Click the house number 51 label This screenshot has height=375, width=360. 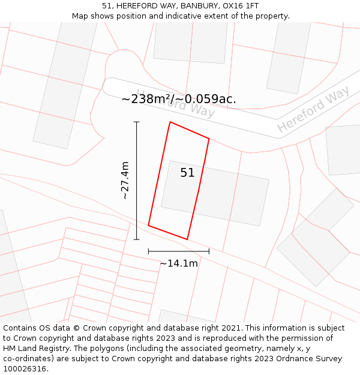187,173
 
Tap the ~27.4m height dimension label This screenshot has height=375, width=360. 125,180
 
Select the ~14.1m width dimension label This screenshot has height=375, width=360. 179,263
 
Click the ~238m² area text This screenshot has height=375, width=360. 151,99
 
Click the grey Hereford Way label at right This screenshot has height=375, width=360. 313,109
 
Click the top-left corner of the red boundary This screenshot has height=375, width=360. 170,122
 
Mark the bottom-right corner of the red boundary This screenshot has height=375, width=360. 187,239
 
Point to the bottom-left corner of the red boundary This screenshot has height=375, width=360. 148,226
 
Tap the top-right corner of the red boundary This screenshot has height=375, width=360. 209,139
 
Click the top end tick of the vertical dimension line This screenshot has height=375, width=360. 137,122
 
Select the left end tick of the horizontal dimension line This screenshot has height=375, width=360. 148,251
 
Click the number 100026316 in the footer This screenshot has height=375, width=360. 24,369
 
